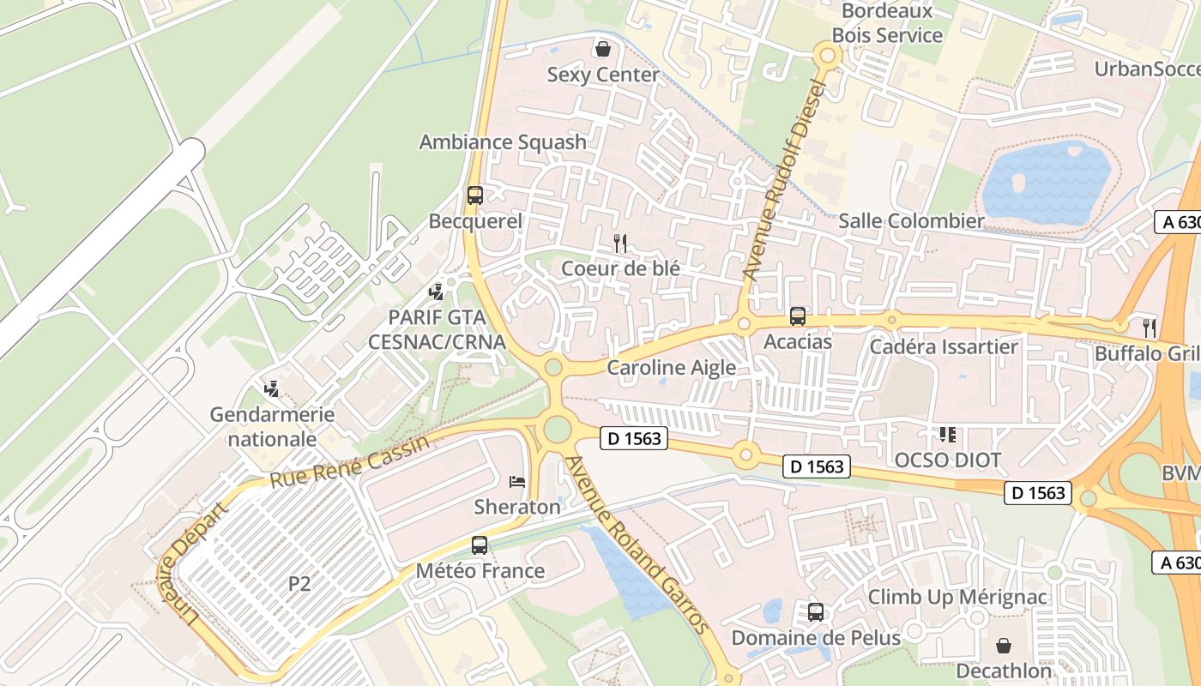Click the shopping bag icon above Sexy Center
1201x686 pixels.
click(603, 48)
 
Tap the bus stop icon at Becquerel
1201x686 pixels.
click(475, 196)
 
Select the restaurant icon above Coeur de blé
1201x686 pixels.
click(620, 244)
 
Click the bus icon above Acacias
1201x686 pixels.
click(798, 316)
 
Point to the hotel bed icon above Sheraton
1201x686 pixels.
click(517, 482)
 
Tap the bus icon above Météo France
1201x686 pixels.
click(480, 545)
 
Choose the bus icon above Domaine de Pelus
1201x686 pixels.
click(816, 612)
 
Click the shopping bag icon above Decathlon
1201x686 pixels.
click(1004, 645)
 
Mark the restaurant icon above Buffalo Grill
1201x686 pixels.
click(1150, 328)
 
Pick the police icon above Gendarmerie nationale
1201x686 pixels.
click(272, 389)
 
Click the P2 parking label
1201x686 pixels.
click(299, 584)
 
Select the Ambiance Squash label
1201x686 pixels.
click(503, 142)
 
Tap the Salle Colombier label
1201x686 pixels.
click(911, 221)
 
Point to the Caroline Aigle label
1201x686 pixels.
click(672, 368)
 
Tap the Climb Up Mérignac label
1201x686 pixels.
click(957, 597)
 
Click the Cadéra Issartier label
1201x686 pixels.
click(944, 347)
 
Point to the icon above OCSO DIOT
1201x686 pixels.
click(948, 435)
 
